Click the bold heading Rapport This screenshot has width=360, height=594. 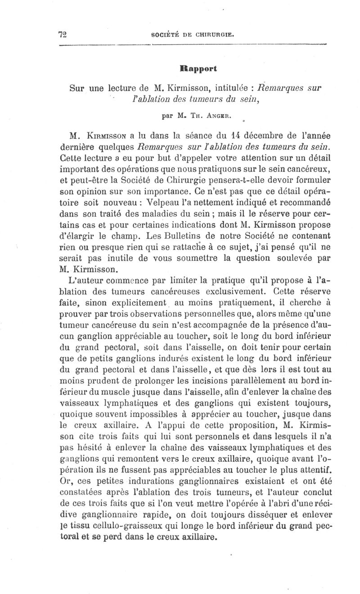(x=198, y=69)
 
